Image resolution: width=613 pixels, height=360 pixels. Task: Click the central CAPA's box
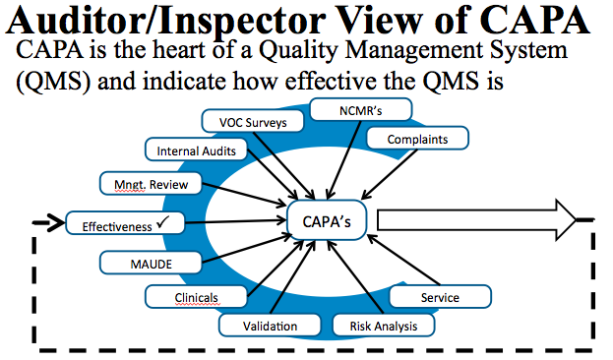[328, 221]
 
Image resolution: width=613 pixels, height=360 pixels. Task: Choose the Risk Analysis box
[383, 326]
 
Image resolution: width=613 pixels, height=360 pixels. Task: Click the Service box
[439, 296]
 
